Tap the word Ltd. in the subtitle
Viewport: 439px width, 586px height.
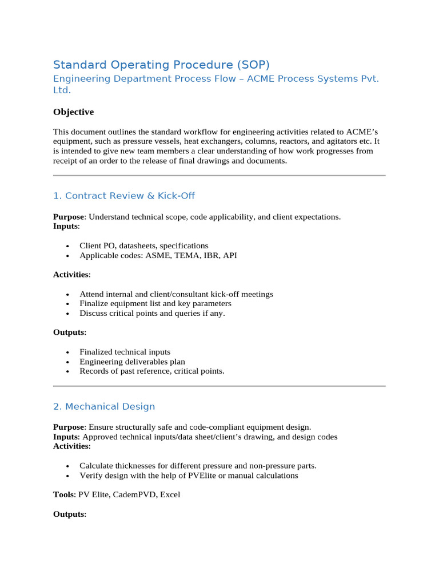tap(62, 90)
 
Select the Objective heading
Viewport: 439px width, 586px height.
tap(73, 112)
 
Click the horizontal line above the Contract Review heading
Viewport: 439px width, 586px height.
tap(219, 176)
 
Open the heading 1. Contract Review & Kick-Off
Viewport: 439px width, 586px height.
tap(123, 196)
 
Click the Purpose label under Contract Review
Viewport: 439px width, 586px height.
tap(69, 217)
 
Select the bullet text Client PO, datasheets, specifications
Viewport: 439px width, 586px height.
tap(143, 246)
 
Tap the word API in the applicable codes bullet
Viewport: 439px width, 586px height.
tap(230, 255)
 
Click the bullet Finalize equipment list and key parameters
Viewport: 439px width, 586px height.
tap(155, 303)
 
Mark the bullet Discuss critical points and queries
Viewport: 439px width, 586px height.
tap(152, 313)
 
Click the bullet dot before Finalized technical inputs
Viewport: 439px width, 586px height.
tap(67, 353)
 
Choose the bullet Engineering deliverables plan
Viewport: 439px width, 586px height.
tap(132, 362)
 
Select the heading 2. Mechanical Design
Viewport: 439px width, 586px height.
tap(103, 407)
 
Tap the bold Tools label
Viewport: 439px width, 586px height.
tap(63, 494)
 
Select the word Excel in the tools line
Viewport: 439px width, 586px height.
tap(170, 494)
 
